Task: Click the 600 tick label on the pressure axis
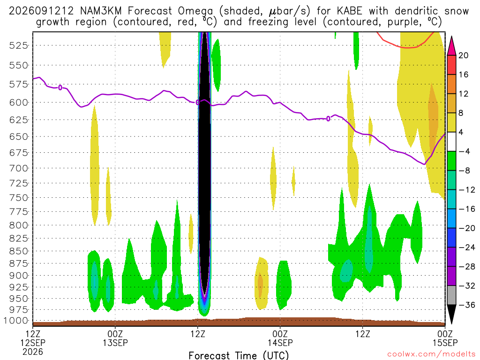pos(19,103)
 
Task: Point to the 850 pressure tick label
pos(19,251)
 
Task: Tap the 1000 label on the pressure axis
pos(16,321)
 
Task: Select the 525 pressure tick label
pos(19,45)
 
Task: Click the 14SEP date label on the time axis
pos(280,343)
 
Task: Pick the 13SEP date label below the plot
pos(115,343)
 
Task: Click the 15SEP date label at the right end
pos(445,343)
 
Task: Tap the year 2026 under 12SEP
pos(33,352)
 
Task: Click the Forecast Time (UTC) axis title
pos(239,355)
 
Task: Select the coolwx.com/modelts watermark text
pos(431,354)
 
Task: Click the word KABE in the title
pos(349,11)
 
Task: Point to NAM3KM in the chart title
pos(101,11)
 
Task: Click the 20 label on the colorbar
pos(463,55)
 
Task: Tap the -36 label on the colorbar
pos(466,305)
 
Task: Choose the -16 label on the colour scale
pos(466,209)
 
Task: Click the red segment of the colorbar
pos(451,65)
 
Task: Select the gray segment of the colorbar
pos(451,295)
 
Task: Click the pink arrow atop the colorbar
pos(451,46)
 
